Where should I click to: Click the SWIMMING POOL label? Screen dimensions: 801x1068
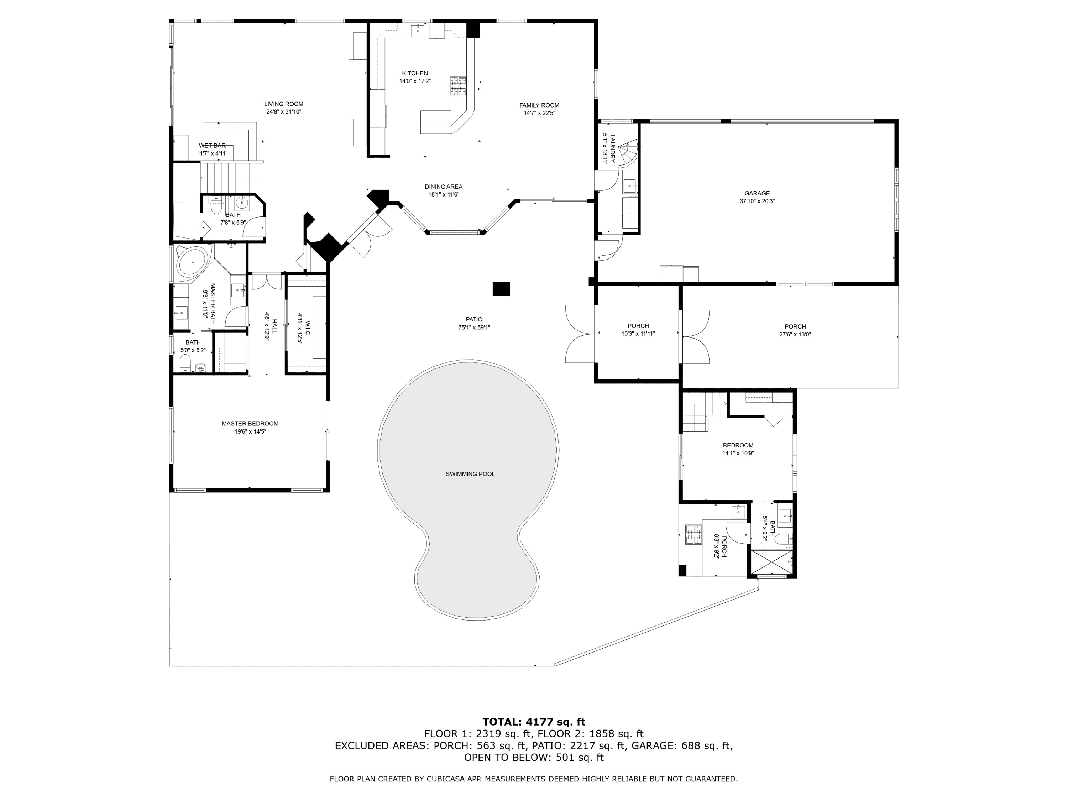[x=470, y=474]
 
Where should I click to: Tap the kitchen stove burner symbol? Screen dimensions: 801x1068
[x=458, y=87]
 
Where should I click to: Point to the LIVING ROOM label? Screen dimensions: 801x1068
[x=283, y=104]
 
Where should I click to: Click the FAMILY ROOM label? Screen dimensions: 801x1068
[x=539, y=105]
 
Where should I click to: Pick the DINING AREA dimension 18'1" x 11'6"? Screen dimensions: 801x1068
[x=443, y=195]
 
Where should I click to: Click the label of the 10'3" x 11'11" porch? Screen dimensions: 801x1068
[x=638, y=326]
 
